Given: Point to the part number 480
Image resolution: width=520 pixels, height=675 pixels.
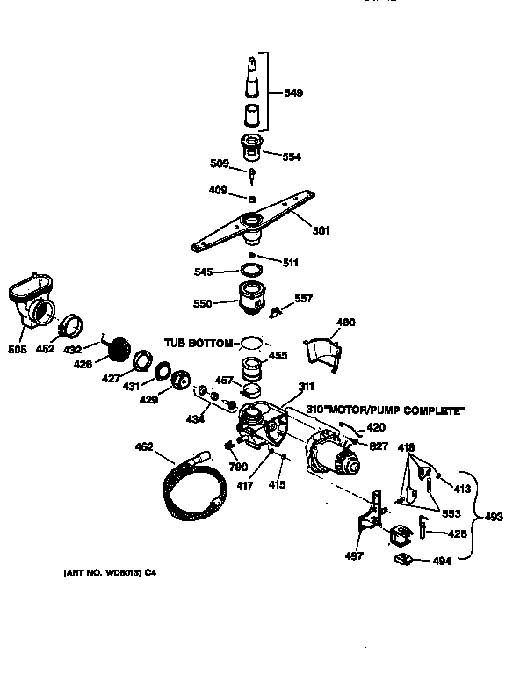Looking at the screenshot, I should [x=346, y=323].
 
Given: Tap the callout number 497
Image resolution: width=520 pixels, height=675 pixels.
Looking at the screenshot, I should [x=352, y=556].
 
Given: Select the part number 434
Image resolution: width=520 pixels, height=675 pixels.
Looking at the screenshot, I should [x=195, y=419].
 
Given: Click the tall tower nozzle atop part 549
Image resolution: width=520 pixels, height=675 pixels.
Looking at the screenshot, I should [x=251, y=75].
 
